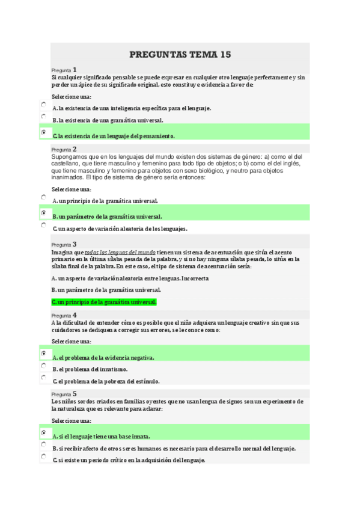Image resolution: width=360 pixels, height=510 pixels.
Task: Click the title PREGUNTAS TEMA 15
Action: coord(180,55)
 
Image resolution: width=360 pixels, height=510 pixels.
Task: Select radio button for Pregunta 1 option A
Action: coord(43,105)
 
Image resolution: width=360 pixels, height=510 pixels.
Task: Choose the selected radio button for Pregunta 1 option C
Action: coord(43,132)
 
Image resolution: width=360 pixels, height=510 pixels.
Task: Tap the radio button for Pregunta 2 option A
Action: coord(43,197)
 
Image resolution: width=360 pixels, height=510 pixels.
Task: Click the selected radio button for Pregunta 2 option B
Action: coord(43,213)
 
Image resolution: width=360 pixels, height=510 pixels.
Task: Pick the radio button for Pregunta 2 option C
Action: coord(43,226)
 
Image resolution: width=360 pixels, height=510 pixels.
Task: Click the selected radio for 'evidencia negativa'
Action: coord(43,353)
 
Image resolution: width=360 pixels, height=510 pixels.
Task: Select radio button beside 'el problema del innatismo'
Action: coord(43,366)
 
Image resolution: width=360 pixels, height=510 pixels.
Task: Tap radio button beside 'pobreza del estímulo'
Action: coord(43,378)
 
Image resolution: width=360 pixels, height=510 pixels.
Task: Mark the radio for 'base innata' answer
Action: coord(43,432)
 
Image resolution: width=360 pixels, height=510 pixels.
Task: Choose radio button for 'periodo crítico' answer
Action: coord(43,457)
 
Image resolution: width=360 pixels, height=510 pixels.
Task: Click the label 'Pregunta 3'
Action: coord(64,245)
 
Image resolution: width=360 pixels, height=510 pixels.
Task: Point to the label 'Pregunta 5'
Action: coord(64,394)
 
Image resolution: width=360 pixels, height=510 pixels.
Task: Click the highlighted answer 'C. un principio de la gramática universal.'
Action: coord(104,302)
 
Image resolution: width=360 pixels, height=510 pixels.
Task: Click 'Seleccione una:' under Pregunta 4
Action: coord(72,342)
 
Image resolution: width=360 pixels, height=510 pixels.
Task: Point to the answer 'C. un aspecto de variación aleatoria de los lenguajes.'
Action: coord(120,229)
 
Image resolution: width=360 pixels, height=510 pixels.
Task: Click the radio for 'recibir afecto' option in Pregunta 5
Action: coord(43,445)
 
